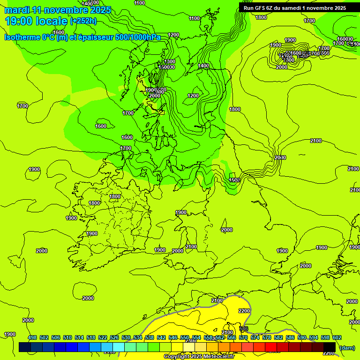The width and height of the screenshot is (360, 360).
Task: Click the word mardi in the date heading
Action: [17, 10]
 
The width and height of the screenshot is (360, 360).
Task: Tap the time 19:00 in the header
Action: [21, 21]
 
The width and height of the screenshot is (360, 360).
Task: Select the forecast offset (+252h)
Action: [83, 21]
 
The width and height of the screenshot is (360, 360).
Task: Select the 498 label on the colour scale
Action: [32, 337]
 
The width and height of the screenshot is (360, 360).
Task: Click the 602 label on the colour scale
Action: [337, 337]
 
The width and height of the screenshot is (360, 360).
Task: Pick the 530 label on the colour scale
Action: [126, 337]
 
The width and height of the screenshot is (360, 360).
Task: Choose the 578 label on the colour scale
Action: [267, 337]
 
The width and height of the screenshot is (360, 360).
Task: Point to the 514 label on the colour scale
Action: [79, 337]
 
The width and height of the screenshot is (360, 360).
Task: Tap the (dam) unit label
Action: [347, 347]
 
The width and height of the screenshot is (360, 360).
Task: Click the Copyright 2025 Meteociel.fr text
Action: [199, 356]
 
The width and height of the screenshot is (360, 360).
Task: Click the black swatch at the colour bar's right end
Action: [330, 347]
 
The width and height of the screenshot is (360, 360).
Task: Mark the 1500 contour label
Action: [235, 180]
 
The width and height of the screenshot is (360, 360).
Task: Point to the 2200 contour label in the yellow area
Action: [244, 311]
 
